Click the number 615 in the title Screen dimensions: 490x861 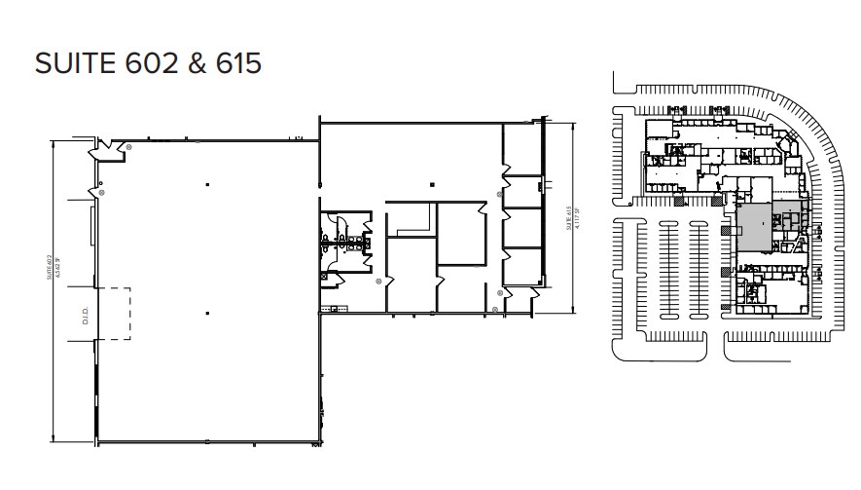[235, 62]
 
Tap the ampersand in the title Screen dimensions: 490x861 [196, 62]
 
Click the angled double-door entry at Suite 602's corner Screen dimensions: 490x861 [106, 150]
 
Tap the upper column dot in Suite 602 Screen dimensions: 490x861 [206, 183]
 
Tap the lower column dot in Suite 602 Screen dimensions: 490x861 [206, 313]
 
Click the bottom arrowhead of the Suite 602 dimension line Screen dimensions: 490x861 [53, 439]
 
